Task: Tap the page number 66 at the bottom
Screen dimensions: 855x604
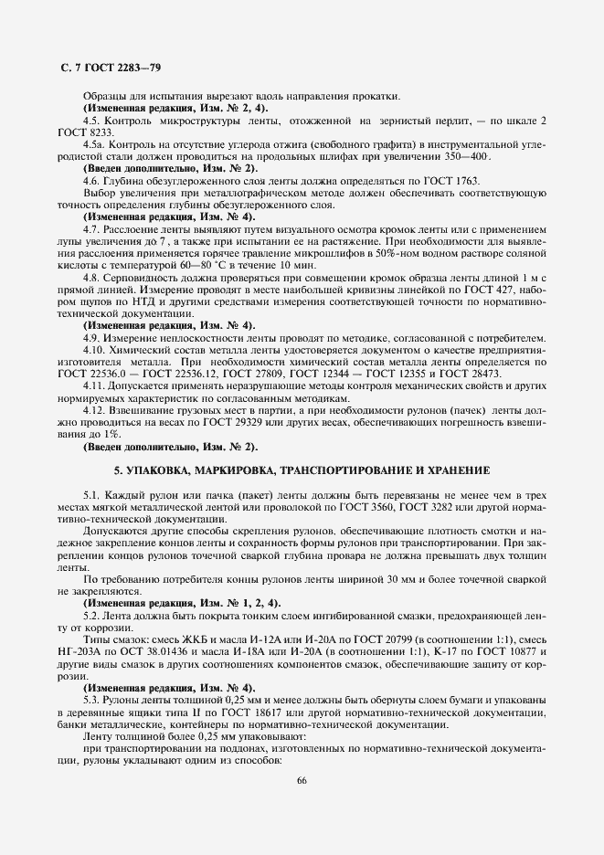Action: pyautogui.click(x=302, y=779)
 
